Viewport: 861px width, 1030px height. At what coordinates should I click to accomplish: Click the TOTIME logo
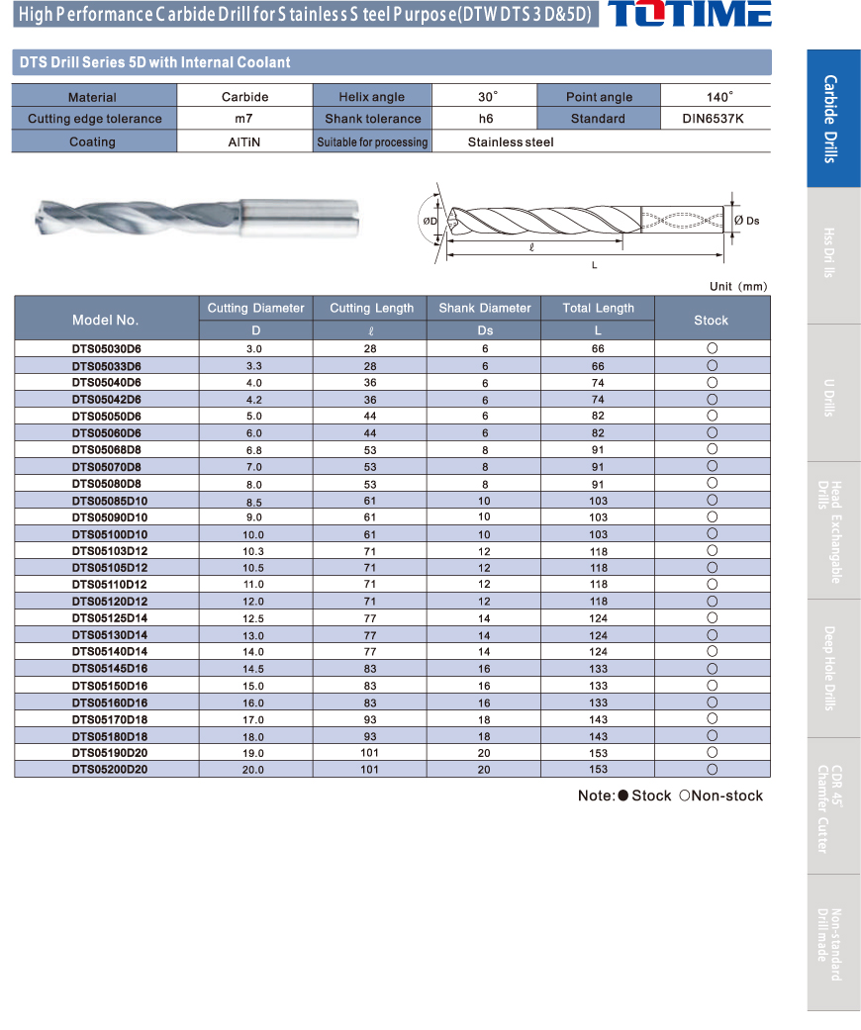[x=689, y=15]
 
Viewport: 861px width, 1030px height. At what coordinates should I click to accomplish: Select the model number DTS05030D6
[x=106, y=348]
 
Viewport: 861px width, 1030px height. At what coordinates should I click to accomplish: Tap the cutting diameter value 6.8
[x=254, y=450]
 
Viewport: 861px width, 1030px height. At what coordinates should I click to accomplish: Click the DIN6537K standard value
[x=714, y=119]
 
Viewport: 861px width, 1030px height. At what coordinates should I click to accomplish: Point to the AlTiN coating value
[x=244, y=142]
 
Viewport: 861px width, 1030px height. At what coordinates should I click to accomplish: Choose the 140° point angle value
[x=718, y=96]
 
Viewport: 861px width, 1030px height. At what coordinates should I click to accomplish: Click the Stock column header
[x=711, y=320]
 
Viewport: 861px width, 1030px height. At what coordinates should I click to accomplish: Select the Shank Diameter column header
[x=484, y=309]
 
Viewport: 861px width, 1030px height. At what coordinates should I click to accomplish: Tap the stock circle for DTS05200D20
[x=712, y=769]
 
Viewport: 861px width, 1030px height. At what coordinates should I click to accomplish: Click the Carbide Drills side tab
[x=832, y=119]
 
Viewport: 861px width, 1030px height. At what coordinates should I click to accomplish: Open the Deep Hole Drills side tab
[x=832, y=668]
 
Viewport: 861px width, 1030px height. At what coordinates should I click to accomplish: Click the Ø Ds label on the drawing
[x=747, y=220]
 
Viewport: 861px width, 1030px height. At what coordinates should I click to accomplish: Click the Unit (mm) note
[x=737, y=286]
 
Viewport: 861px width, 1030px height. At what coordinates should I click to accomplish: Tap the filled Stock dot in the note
[x=622, y=796]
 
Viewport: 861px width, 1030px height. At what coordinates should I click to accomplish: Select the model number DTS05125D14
[x=106, y=618]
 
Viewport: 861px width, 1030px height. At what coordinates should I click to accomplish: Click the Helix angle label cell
[x=371, y=96]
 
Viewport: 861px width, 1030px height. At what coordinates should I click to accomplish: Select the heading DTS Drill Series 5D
[x=154, y=62]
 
